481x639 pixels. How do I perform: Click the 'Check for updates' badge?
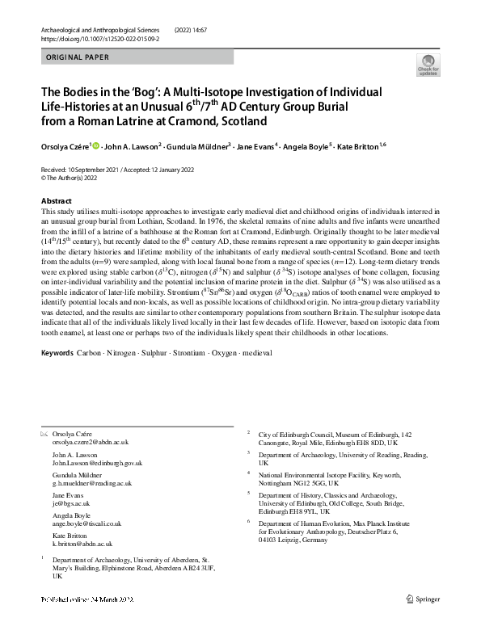pyautogui.click(x=427, y=65)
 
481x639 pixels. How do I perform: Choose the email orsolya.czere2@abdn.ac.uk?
pyautogui.click(x=91, y=443)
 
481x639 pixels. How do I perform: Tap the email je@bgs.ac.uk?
pyautogui.click(x=71, y=502)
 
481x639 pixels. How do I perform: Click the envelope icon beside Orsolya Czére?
pyautogui.click(x=44, y=435)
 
